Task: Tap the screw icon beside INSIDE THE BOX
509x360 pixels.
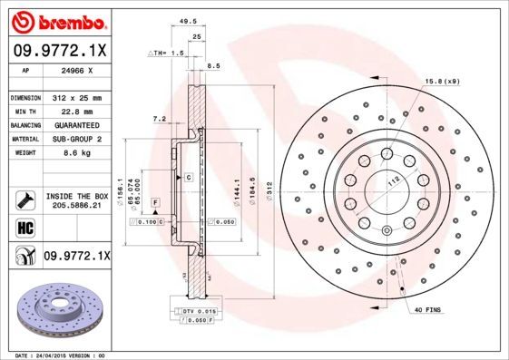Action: pyautogui.click(x=23, y=199)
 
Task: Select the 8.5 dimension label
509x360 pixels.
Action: pyautogui.click(x=214, y=66)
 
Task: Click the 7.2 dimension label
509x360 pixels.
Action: pyautogui.click(x=160, y=119)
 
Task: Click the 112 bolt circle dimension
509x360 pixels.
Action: pyautogui.click(x=395, y=180)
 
